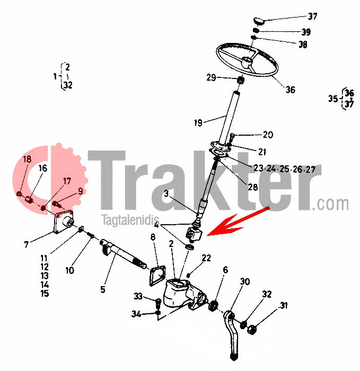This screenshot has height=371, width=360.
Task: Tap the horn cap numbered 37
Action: coord(259,21)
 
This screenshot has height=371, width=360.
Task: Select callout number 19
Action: coord(198,123)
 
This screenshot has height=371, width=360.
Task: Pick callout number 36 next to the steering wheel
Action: coord(290,90)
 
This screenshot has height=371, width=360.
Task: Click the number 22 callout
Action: coord(206,258)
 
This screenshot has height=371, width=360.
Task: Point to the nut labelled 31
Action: coord(252,329)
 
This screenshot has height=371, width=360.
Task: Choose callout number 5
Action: coord(103,290)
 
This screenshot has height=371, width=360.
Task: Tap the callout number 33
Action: coord(138,296)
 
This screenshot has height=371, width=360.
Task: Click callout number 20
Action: coord(268,135)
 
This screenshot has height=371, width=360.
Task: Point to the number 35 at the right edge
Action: coord(332,99)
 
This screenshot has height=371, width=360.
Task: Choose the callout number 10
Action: coord(69,270)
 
